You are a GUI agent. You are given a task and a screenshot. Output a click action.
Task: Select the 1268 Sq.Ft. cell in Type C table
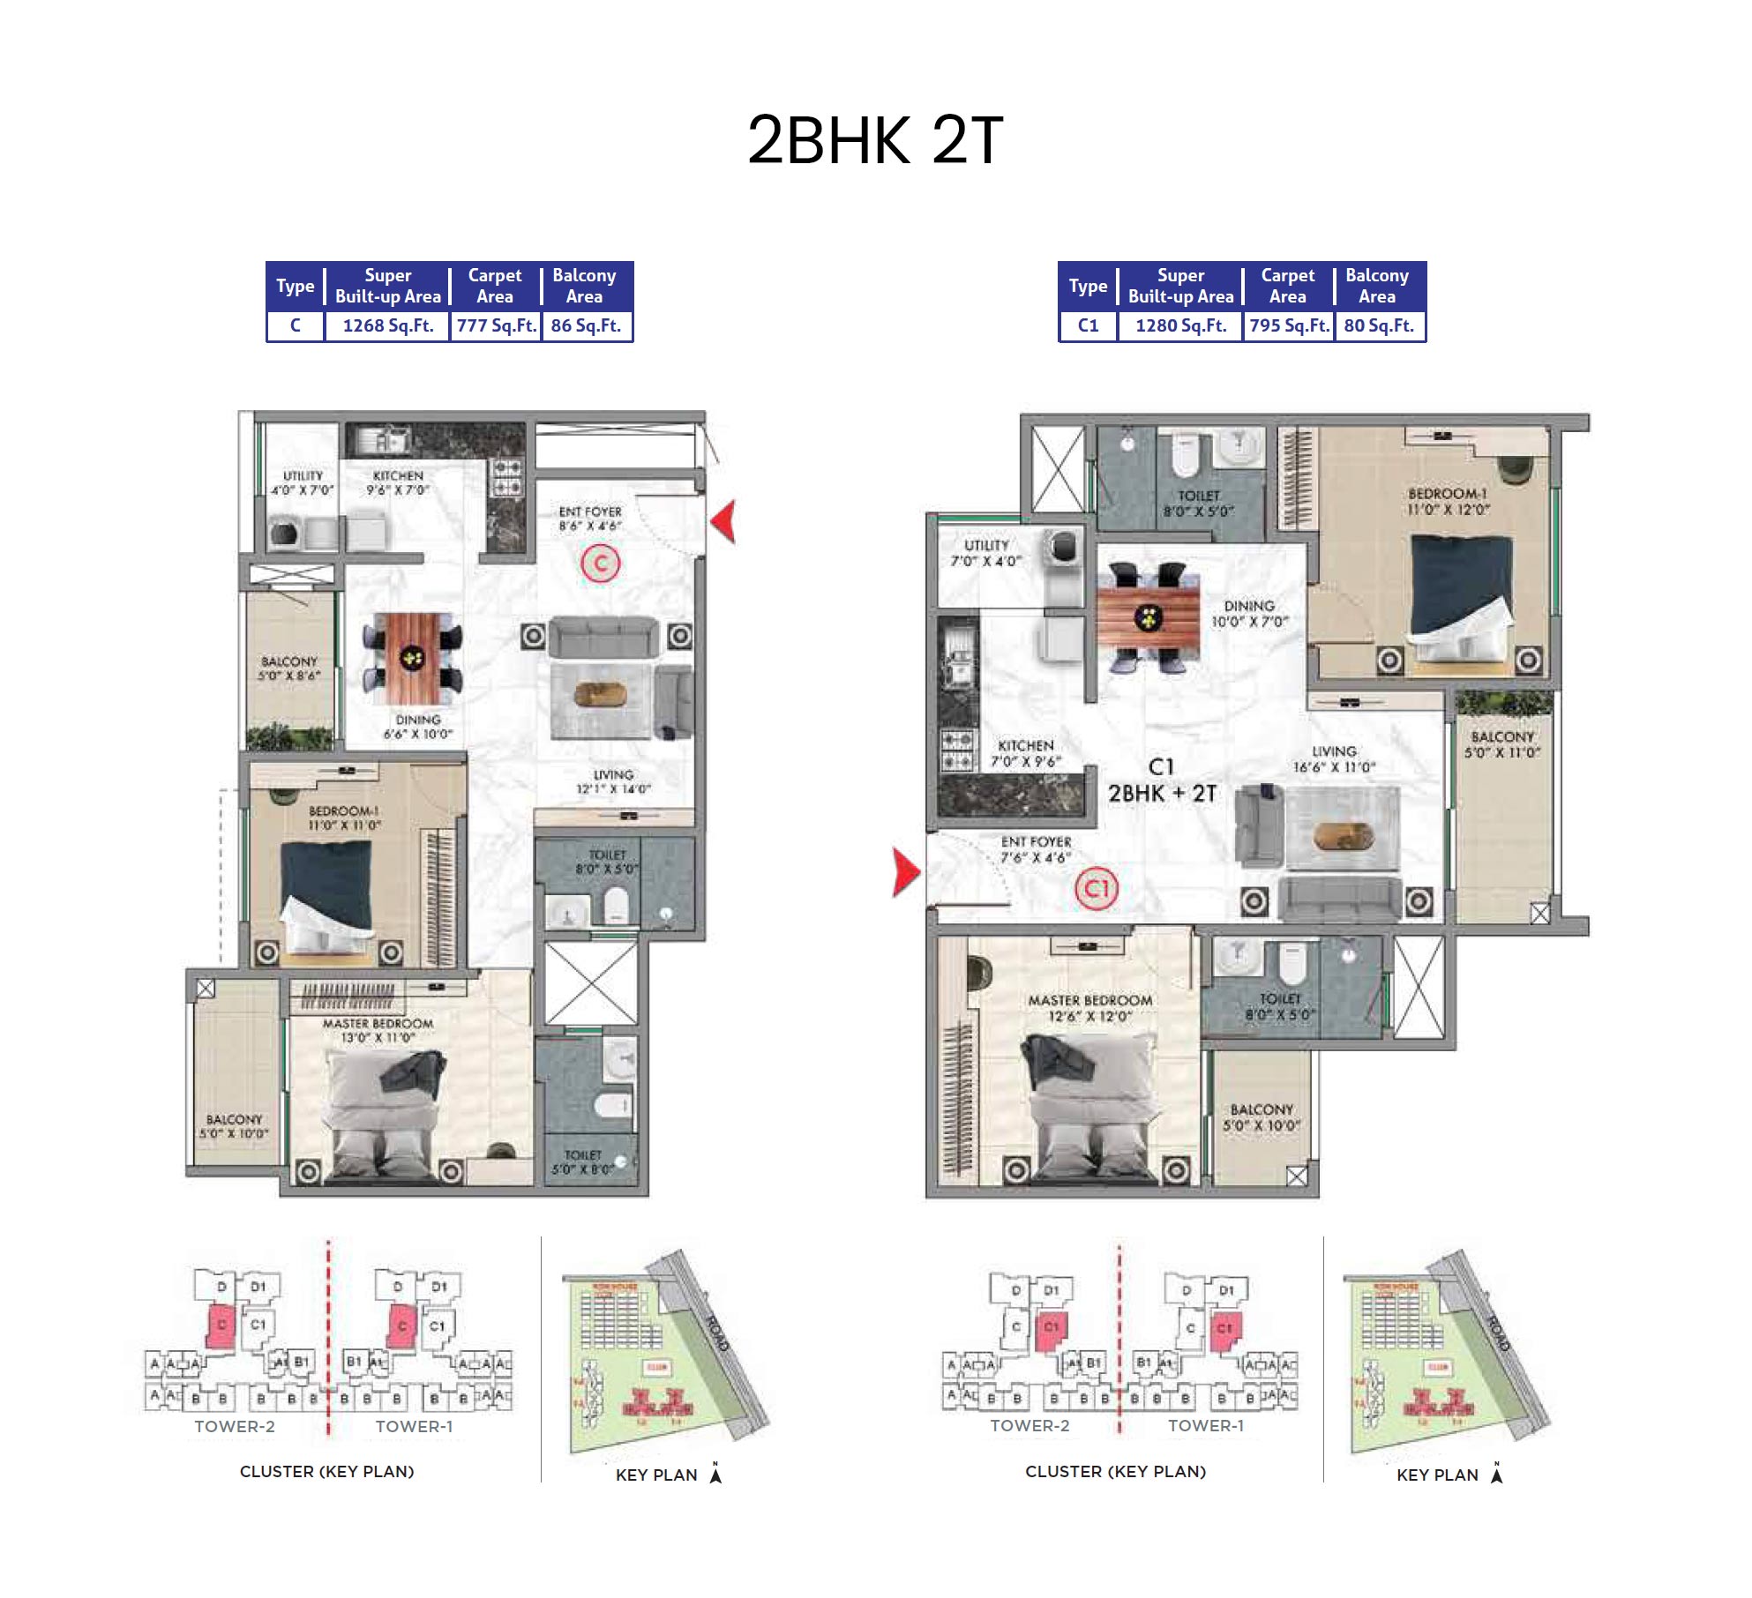(387, 325)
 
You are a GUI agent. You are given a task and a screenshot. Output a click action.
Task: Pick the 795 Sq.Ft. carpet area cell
(1288, 325)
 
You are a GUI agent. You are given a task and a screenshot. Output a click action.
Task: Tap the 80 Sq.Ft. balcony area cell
(1378, 325)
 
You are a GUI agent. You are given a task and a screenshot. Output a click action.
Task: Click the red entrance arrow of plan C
(724, 521)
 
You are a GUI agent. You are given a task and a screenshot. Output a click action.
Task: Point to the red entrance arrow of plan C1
(905, 872)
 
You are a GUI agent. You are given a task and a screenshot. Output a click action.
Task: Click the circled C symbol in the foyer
(601, 563)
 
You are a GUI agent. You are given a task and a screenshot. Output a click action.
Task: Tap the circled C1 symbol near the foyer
(1096, 888)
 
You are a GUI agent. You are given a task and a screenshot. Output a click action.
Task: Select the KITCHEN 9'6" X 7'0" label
(398, 482)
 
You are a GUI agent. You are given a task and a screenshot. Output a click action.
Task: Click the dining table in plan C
(412, 656)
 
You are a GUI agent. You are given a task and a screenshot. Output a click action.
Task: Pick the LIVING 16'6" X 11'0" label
(1334, 758)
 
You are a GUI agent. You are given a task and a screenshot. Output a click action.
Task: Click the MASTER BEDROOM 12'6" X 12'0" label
(1089, 1008)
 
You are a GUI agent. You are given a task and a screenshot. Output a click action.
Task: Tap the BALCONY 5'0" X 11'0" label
(1502, 744)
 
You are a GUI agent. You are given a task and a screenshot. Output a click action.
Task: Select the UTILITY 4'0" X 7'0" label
(303, 482)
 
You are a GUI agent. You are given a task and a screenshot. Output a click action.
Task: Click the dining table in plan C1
(1148, 618)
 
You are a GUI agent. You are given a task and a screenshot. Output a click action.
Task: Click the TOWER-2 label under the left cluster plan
(235, 1426)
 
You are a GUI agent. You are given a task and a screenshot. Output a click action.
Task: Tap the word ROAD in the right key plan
(1499, 1333)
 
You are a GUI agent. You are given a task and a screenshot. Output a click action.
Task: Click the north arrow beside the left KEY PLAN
(715, 1474)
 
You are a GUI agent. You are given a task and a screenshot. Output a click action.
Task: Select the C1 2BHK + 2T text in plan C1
(1162, 780)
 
